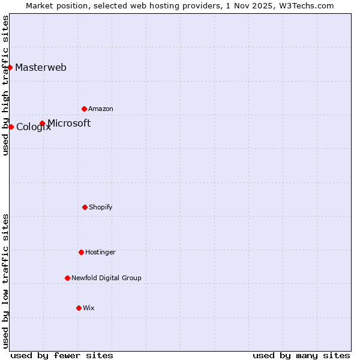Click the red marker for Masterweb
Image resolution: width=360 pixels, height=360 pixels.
[x=10, y=67]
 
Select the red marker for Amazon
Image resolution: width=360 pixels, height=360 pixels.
[x=84, y=109]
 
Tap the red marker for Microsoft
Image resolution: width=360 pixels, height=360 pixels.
[x=42, y=124]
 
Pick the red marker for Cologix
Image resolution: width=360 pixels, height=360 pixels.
[x=11, y=127]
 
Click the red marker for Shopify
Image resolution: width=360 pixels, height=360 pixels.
[x=85, y=207]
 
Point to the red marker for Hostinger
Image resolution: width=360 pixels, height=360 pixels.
[x=81, y=252]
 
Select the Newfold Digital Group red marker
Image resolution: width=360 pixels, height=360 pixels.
[x=67, y=278]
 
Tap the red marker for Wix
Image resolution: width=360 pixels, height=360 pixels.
[x=79, y=308]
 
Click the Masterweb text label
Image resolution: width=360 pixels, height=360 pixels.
[x=41, y=67]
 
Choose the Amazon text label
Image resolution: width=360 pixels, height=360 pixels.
[x=101, y=109]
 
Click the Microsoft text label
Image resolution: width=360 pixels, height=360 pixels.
[x=69, y=123]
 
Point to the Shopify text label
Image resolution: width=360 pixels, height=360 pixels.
[x=101, y=207]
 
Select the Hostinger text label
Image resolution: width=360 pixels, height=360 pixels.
[x=100, y=252]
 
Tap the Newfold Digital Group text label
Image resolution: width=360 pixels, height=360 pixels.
[x=106, y=278]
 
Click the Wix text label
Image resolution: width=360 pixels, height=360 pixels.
[x=89, y=308]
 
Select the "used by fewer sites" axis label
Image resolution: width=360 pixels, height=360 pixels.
[x=62, y=355]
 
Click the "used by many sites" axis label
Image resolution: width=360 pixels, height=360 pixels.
[x=301, y=355]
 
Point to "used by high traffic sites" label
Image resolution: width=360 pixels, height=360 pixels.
[x=5, y=85]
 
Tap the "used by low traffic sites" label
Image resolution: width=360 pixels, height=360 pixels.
[x=5, y=281]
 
